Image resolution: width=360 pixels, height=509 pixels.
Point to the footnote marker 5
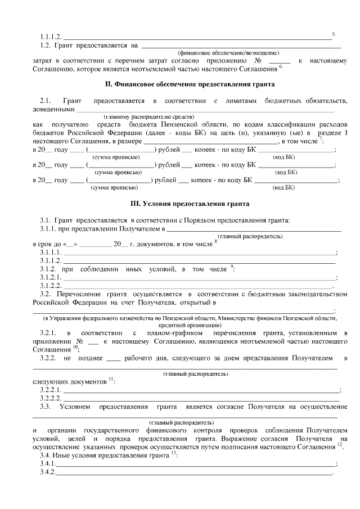(334, 34)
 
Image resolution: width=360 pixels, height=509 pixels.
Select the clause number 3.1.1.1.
(51, 253)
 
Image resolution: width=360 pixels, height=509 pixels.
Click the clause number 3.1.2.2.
(51, 286)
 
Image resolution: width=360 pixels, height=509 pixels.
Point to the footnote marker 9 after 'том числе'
(232, 267)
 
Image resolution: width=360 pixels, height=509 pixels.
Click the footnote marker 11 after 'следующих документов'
(111, 380)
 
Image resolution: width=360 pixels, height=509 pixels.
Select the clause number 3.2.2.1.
(52, 390)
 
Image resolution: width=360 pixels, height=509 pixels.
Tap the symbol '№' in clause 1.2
(259, 60)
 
